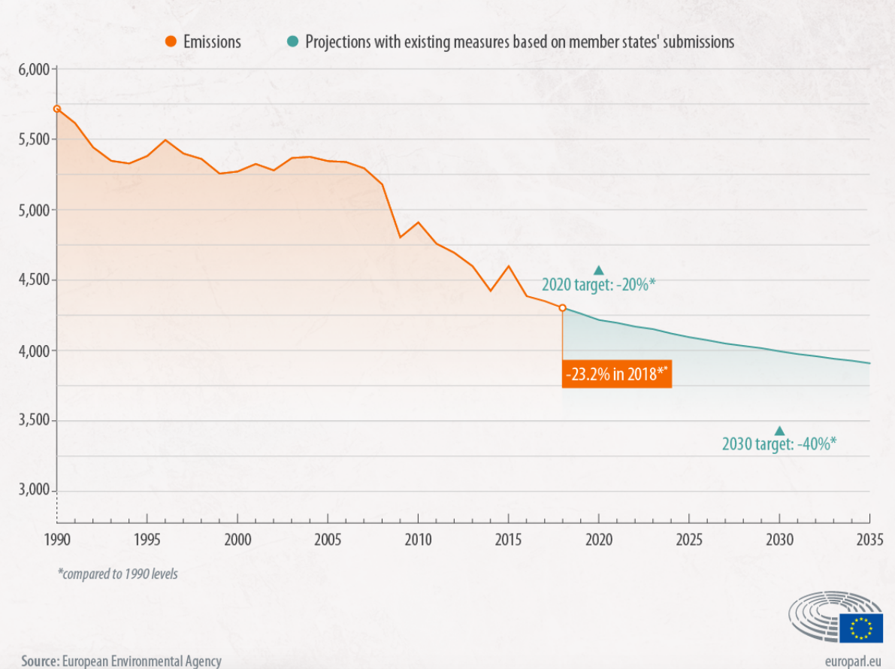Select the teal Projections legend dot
tap(292, 41)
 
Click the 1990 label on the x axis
tap(56, 539)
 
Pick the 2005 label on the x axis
tap(327, 539)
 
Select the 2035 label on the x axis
tap(869, 539)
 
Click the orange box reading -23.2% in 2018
tap(616, 374)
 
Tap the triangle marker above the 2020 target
tap(599, 271)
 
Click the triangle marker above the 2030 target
tap(779, 431)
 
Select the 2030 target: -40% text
tap(779, 444)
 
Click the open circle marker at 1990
tap(56, 109)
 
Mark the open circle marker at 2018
tap(562, 307)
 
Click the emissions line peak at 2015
tap(508, 266)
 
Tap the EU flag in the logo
tap(861, 628)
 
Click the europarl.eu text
tap(853, 661)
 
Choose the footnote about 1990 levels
tap(118, 574)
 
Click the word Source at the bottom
tap(40, 661)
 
